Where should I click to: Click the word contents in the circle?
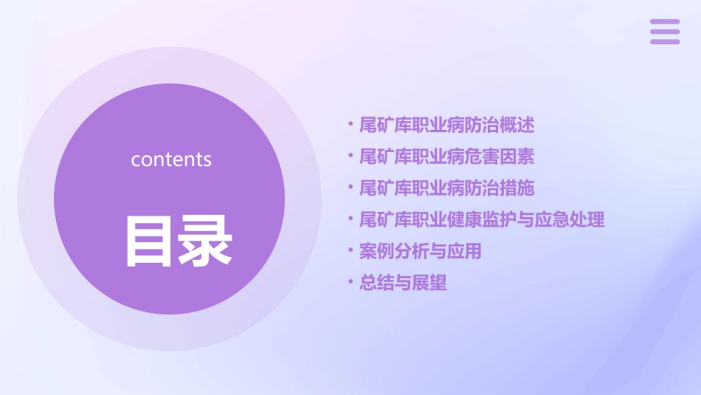(171, 159)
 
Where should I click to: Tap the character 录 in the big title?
(204, 241)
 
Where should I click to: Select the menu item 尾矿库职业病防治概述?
(446, 125)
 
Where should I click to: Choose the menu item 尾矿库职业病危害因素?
(446, 157)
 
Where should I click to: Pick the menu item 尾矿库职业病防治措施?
(446, 188)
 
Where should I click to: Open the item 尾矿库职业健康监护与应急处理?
(482, 219)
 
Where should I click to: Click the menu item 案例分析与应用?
(420, 251)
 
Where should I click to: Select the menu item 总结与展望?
(403, 283)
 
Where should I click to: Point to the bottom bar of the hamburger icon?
(665, 41)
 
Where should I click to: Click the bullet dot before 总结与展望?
(350, 283)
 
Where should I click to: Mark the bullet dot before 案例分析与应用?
(350, 251)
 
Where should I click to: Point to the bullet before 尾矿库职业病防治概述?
(350, 125)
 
